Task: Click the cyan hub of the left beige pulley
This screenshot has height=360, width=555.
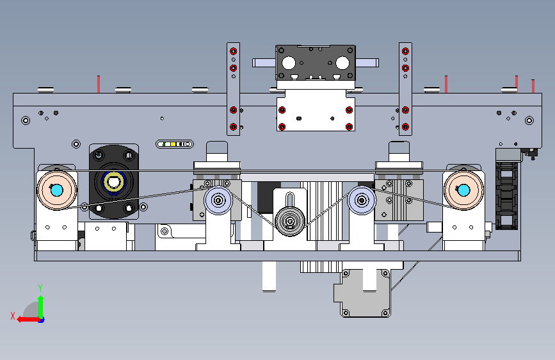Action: pos(56,190)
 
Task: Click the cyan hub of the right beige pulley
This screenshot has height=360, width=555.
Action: pos(463,190)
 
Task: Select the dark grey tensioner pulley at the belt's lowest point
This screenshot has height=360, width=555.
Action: pos(290,222)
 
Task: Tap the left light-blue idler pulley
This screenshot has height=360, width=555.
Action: pos(218,200)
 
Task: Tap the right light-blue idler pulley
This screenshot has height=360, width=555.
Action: pos(362,200)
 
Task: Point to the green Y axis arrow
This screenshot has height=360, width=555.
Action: pos(41,307)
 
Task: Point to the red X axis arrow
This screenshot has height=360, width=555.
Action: pos(29,319)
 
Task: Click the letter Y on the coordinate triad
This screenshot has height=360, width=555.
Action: pos(40,288)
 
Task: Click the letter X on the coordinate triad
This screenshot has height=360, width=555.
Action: pos(13,316)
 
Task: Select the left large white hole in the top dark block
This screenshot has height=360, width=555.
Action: pos(289,63)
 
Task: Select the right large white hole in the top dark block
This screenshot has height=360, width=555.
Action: pos(342,63)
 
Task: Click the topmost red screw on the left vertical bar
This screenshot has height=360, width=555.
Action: pos(233,51)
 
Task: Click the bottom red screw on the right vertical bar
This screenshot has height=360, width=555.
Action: pos(406,126)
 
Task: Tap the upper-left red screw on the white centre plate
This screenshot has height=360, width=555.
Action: pos(282,110)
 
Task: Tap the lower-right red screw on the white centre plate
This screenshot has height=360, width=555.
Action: pos(349,126)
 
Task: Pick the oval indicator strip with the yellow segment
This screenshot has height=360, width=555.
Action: pos(175,144)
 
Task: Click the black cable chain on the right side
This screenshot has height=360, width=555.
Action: pos(506,195)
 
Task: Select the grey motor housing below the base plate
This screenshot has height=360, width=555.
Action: pos(362,293)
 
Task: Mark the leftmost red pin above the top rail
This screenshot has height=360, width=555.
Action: pos(99,84)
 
